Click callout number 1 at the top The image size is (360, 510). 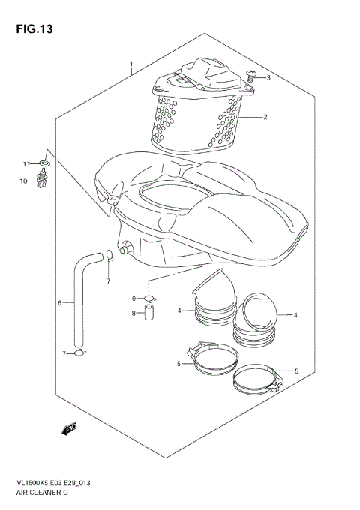click(131, 64)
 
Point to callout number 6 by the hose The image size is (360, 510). click(59, 303)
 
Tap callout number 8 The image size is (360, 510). click(134, 313)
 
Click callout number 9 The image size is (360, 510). click(134, 298)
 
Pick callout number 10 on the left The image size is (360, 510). click(23, 181)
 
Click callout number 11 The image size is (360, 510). click(24, 164)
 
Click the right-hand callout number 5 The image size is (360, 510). click(296, 370)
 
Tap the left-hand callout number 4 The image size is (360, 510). click(179, 310)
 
